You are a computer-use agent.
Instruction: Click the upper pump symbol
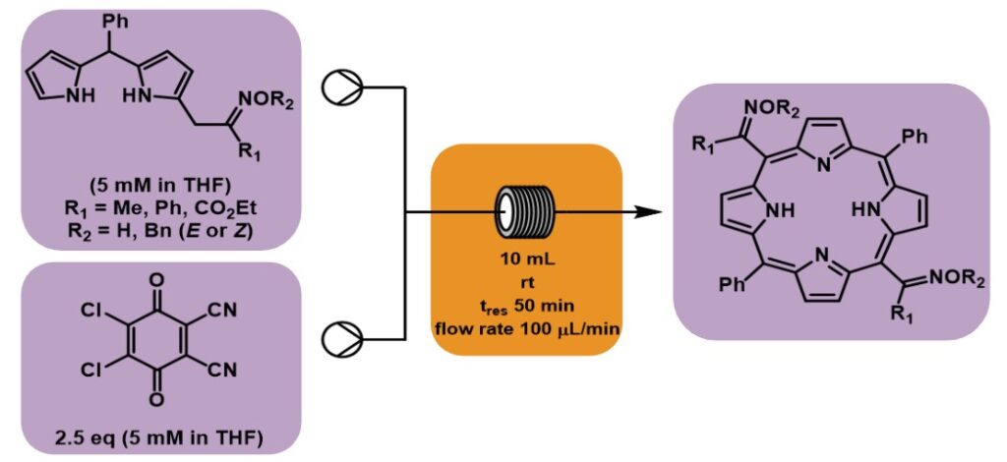click(x=344, y=87)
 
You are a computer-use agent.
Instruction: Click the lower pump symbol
click(x=344, y=338)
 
